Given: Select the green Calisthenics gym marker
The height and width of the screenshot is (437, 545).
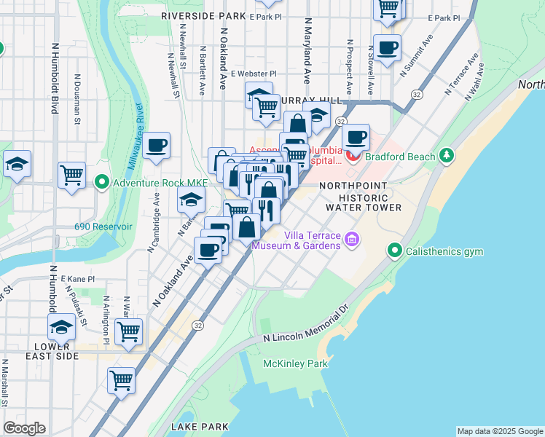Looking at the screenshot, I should pos(395,251).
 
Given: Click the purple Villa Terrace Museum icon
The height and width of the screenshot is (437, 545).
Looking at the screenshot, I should pos(352,239).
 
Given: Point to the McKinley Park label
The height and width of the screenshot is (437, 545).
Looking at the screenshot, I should pos(295,363).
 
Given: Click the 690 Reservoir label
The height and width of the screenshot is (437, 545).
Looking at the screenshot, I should pos(103,227).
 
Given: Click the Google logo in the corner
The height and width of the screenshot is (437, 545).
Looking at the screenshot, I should pos(24,428).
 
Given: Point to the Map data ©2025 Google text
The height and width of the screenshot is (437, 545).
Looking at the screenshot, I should pos(499,431).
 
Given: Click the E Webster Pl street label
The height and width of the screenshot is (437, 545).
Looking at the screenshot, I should pos(254,74).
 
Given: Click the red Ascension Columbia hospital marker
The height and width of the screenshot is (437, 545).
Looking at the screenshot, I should pos(353,155).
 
